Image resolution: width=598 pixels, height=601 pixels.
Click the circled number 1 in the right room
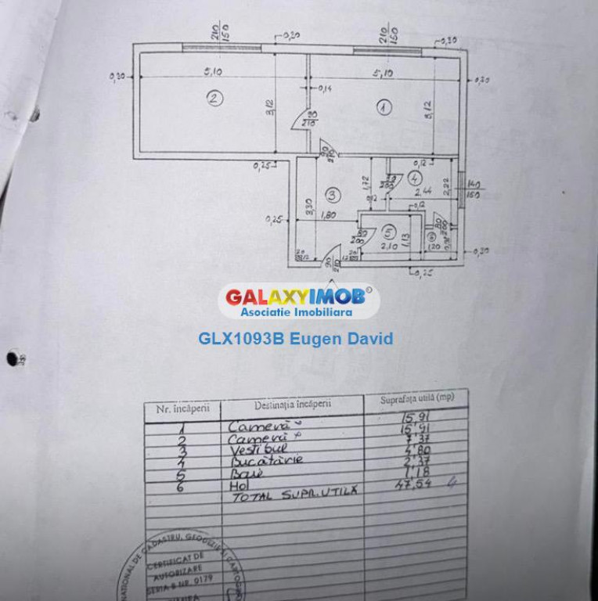[383, 108]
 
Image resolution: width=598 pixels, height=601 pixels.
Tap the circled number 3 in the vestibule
[332, 195]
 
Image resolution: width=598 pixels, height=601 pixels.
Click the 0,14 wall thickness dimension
[325, 88]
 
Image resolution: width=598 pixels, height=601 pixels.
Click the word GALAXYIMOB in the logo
[295, 297]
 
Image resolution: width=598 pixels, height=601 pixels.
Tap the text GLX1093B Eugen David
[296, 339]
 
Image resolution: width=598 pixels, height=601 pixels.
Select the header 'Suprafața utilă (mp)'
[417, 399]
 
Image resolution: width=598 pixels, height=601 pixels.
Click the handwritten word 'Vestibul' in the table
[259, 449]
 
